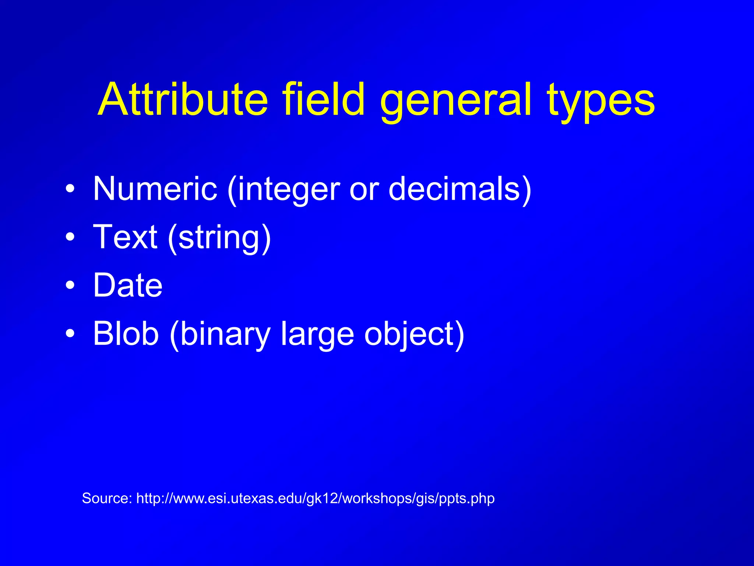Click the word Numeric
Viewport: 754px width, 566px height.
[155, 189]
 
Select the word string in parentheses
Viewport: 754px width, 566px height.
[219, 238]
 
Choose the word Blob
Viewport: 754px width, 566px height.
[126, 333]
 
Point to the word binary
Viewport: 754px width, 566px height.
[225, 335]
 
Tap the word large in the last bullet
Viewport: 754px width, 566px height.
[317, 335]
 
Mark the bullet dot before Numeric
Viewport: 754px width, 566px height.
[70, 189]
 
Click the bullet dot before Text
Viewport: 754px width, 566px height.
[70, 238]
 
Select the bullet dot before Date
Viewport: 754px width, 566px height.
[70, 286]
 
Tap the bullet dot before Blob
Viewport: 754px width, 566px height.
[70, 334]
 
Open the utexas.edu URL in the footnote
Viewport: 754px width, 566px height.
[315, 499]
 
